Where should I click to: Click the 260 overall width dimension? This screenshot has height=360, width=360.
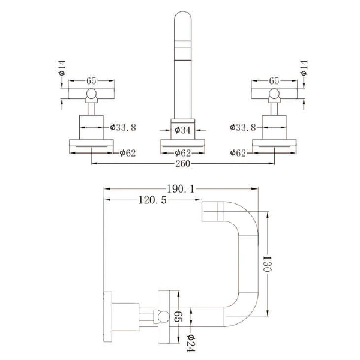[183, 164]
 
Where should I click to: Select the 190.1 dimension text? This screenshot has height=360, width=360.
[181, 189]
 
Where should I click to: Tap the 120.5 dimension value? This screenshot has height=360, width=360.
[152, 200]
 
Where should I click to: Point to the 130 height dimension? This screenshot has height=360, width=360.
[267, 264]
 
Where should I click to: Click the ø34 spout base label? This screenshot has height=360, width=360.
[182, 130]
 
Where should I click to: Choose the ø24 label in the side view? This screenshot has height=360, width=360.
[191, 343]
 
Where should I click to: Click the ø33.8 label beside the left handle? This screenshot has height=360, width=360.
[123, 127]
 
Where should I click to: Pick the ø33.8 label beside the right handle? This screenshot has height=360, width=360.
[242, 127]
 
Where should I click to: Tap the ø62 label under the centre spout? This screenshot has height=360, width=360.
[183, 153]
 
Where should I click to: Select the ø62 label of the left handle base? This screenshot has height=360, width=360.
[128, 153]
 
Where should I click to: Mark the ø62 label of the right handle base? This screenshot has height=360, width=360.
[238, 153]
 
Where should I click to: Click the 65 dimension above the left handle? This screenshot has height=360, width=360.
[91, 81]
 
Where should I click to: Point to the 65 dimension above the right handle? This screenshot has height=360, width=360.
[274, 81]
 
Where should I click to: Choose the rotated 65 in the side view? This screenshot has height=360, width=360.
[177, 316]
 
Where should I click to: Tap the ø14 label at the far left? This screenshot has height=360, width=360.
[62, 68]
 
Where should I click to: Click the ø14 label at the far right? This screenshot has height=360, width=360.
[304, 68]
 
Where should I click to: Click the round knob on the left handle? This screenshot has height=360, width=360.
[91, 94]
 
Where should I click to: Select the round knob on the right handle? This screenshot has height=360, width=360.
[274, 94]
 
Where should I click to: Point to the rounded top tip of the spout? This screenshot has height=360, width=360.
[183, 11]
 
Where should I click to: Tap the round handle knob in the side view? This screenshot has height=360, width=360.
[163, 317]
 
